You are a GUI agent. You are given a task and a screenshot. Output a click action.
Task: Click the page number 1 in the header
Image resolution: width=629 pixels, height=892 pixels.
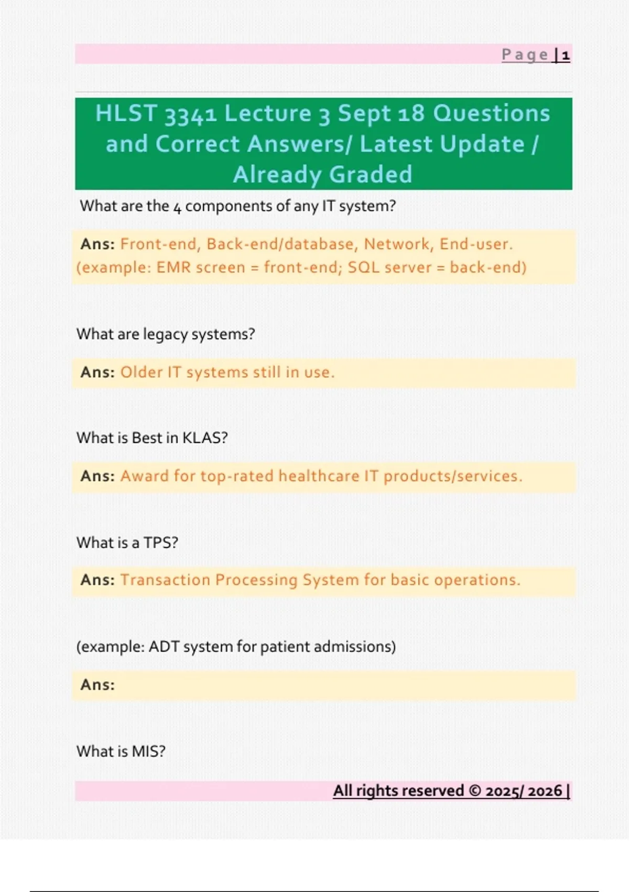566,55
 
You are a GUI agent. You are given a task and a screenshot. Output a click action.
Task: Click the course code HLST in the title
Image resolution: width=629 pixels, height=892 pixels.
126,113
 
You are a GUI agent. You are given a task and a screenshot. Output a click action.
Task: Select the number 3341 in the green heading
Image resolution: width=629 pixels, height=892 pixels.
191,114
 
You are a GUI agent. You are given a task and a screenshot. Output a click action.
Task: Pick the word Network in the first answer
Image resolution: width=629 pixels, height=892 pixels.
397,244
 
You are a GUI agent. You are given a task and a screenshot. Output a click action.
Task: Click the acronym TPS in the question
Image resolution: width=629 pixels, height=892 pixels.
158,543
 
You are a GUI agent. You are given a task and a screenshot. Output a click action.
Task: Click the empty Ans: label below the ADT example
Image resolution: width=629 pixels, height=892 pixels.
97,685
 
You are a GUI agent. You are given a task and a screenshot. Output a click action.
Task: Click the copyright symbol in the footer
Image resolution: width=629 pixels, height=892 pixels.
474,791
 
